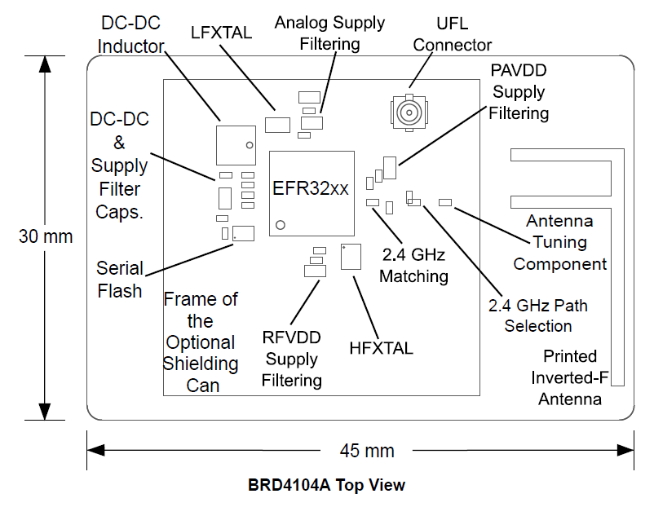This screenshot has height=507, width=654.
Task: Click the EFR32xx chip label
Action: tap(311, 188)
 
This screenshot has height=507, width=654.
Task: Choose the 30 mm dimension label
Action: tap(46, 236)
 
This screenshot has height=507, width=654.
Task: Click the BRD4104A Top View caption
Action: tap(326, 485)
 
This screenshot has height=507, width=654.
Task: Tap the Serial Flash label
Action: tap(120, 280)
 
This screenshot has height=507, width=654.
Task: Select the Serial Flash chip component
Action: tap(243, 233)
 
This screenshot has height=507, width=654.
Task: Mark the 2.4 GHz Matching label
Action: tap(413, 266)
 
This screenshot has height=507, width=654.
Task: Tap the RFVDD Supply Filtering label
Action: tap(292, 358)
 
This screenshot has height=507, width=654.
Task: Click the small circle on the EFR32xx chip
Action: tap(280, 223)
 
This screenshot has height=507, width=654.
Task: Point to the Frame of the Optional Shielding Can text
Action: tap(201, 342)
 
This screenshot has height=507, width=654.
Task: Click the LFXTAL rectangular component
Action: tap(279, 125)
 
